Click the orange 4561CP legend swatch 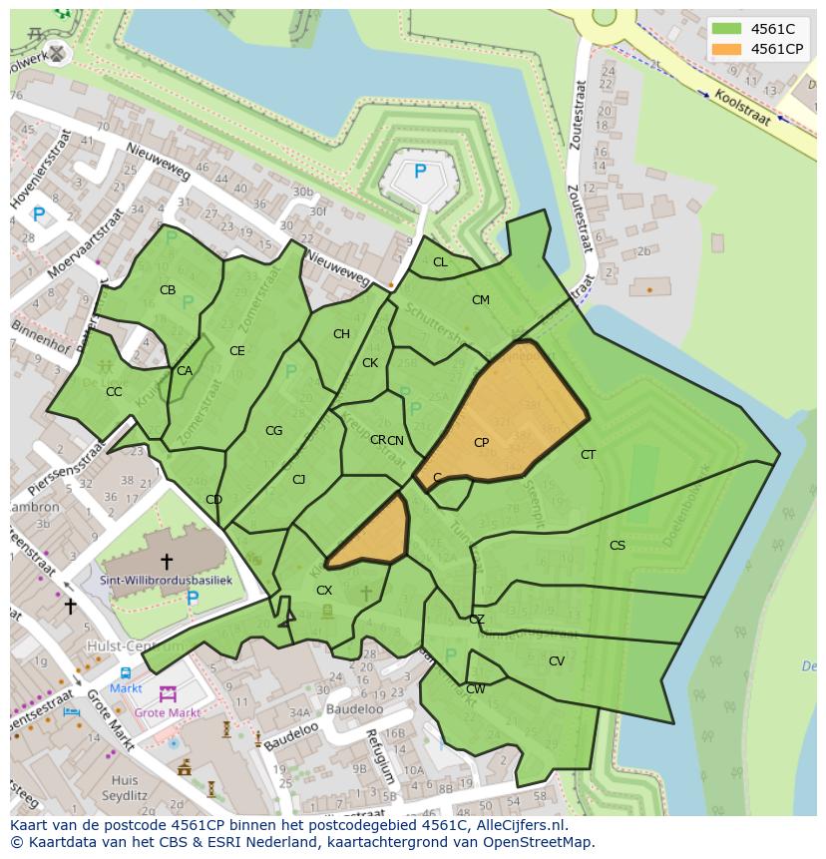(726, 49)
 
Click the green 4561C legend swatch (726, 28)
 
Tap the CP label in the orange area (481, 443)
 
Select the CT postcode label (589, 455)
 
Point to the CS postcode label (618, 546)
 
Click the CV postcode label (557, 661)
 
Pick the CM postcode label (481, 300)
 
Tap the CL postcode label (440, 263)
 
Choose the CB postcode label (168, 291)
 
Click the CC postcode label (114, 392)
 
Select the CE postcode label (236, 351)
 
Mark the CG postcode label (273, 431)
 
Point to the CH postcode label (341, 335)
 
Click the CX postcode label (323, 591)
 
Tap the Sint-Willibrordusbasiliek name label (166, 580)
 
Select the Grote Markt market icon (168, 693)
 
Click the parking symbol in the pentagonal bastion (420, 172)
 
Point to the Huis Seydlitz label (125, 788)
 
